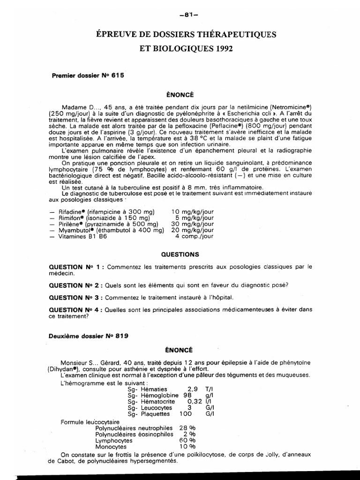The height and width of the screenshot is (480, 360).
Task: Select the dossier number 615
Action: [x=118, y=75]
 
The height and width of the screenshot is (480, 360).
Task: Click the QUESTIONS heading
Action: [x=180, y=255]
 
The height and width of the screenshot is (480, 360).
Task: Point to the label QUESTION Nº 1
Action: [x=76, y=267]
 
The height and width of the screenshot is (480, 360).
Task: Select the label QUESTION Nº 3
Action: [x=76, y=297]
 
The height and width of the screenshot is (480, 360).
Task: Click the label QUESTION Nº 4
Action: [x=76, y=309]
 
